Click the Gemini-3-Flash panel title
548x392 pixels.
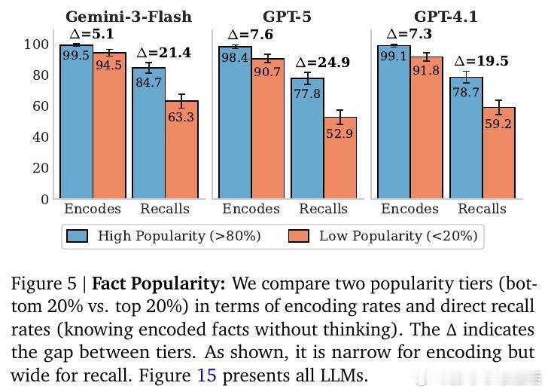(129, 16)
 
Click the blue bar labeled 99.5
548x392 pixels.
(77, 121)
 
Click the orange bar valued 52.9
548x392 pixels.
(340, 158)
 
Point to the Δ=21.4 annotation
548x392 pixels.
(163, 53)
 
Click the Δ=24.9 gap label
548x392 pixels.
(322, 63)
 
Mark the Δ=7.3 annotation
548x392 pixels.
(409, 35)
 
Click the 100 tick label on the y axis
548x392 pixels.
(36, 44)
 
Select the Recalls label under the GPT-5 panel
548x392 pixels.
(323, 209)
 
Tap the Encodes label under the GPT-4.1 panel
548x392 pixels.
(409, 209)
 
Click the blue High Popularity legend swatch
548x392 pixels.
(78, 236)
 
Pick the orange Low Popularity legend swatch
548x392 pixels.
(300, 236)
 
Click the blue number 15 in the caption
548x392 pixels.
(206, 375)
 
